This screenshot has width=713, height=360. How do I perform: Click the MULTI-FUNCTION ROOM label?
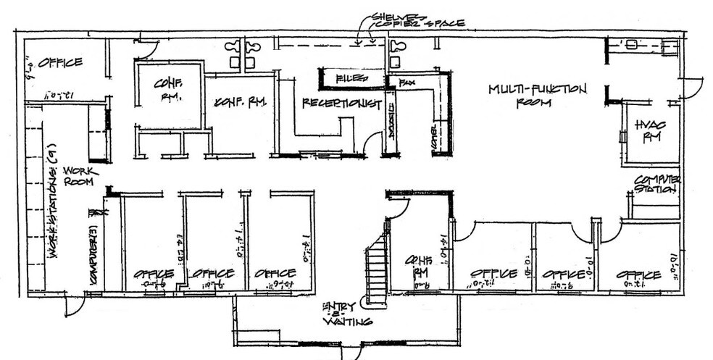pyautogui.click(x=537, y=95)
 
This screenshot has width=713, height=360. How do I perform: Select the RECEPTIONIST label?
pyautogui.click(x=341, y=104)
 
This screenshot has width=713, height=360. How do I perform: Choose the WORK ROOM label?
pyautogui.click(x=78, y=175)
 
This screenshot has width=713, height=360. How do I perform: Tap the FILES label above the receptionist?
pyautogui.click(x=351, y=77)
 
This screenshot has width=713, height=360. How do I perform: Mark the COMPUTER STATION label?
pyautogui.click(x=656, y=184)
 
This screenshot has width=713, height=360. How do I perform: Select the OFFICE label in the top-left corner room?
pyautogui.click(x=60, y=63)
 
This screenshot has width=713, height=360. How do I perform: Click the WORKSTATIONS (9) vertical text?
pyautogui.click(x=53, y=210)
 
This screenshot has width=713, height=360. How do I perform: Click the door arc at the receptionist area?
pyautogui.click(x=372, y=143)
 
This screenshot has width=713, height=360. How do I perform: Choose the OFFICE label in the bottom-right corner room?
pyautogui.click(x=638, y=275)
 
